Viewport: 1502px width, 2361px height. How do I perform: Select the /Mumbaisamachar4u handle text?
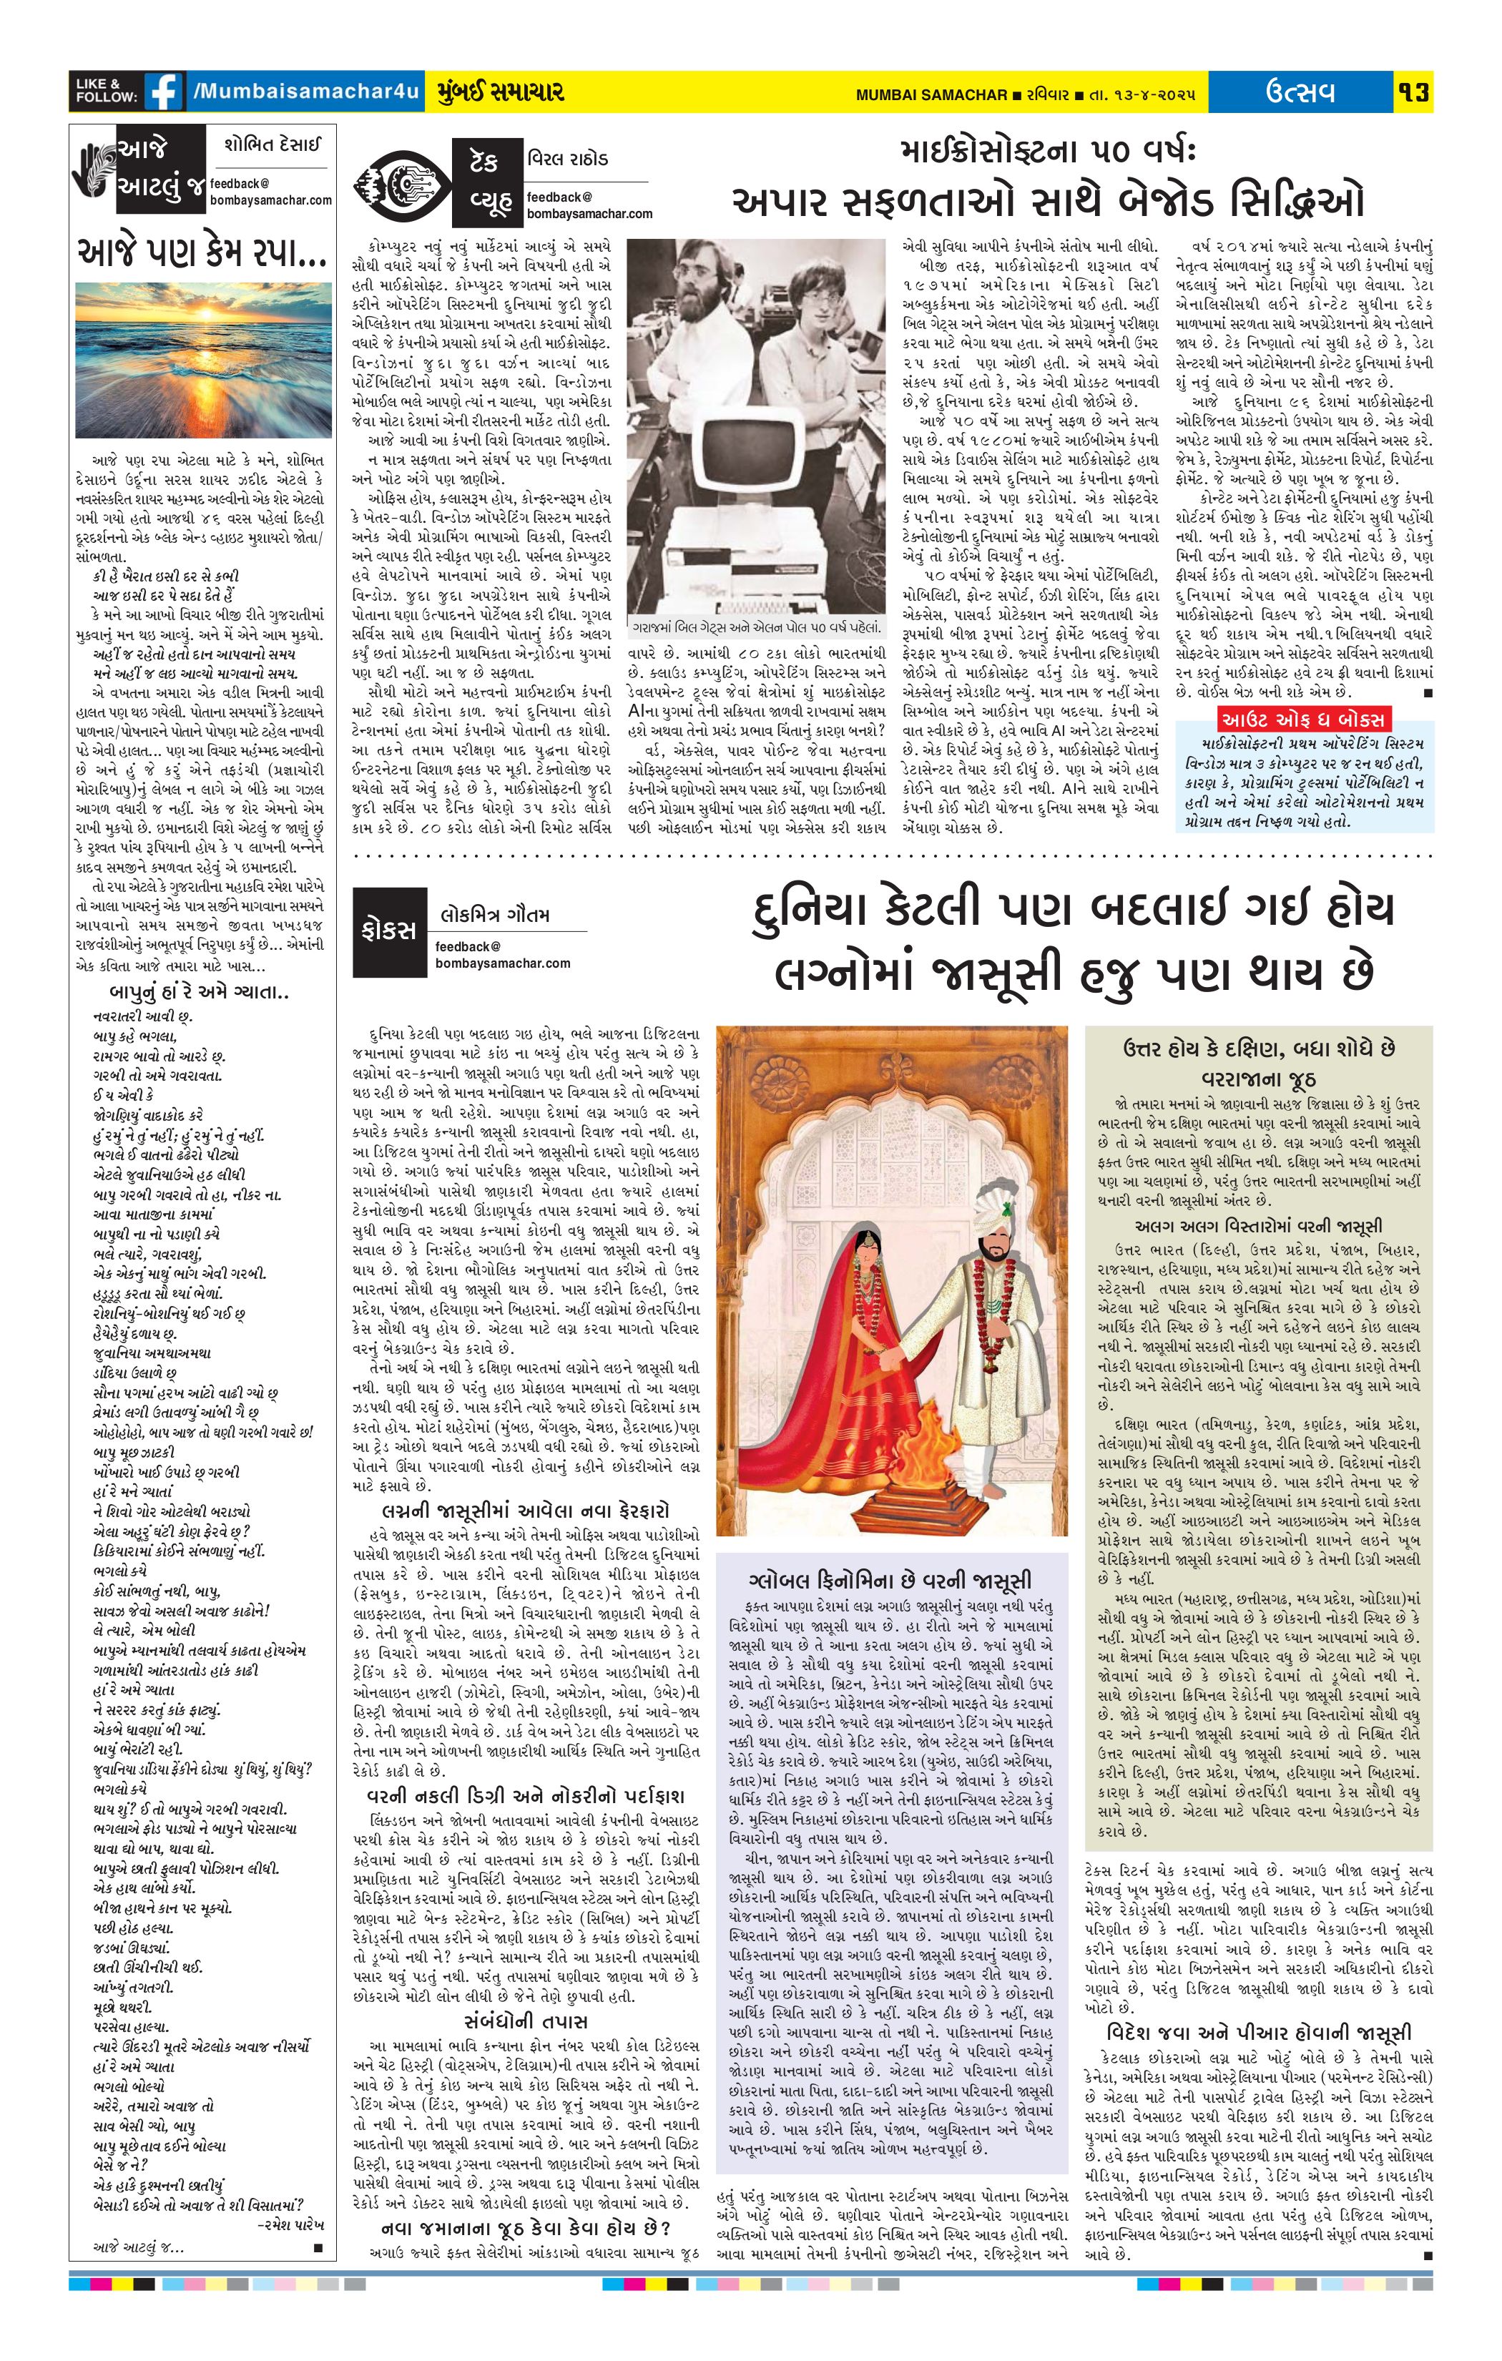(307, 92)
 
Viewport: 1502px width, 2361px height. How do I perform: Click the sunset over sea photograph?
(203, 360)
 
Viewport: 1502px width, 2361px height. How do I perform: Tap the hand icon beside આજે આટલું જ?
(93, 170)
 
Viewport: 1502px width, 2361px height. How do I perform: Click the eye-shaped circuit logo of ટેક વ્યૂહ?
(402, 182)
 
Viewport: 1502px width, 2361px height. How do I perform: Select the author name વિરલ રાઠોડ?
(569, 158)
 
